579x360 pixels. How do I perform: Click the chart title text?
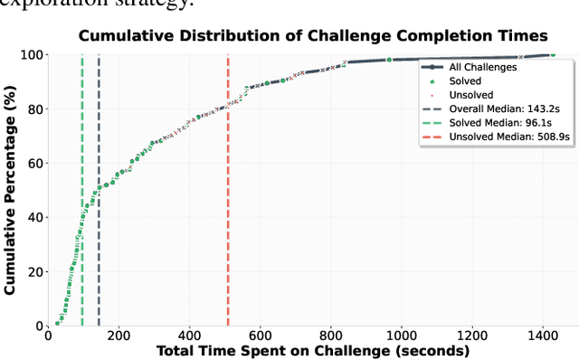click(312, 36)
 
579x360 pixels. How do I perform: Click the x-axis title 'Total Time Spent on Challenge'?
click(313, 350)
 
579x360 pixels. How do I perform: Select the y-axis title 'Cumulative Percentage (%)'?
click(11, 190)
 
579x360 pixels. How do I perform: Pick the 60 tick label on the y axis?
click(33, 164)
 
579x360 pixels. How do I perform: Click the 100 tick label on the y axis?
click(30, 55)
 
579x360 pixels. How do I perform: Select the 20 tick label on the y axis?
click(33, 272)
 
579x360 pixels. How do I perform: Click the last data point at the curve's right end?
click(553, 55)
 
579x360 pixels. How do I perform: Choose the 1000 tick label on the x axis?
click(402, 335)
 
